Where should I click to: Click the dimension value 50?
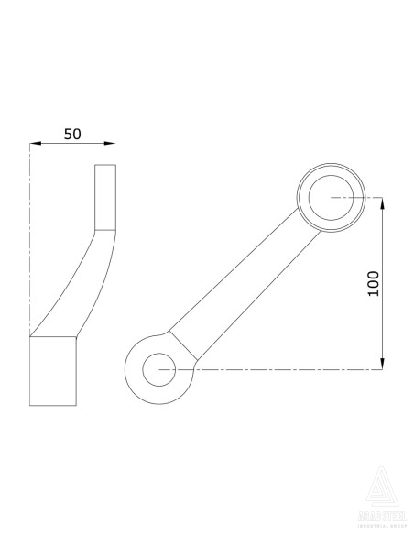(73, 133)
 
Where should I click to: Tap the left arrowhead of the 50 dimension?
(35, 143)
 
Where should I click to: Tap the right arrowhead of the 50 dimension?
(111, 143)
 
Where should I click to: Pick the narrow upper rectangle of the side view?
(106, 196)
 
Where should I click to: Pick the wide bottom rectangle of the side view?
(52, 370)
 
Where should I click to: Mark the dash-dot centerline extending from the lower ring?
(275, 369)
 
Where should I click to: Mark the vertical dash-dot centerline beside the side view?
(29, 238)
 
